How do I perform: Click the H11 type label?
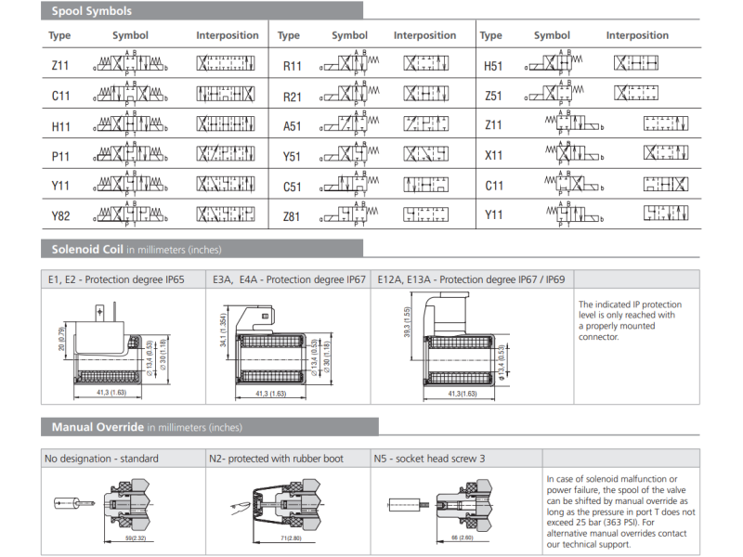pos(60,126)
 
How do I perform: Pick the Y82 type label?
pos(60,216)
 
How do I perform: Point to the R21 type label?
pos(292,97)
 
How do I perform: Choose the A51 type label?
pos(292,126)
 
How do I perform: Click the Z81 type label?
pos(292,216)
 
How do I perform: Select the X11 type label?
pos(493,156)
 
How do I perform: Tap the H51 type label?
pos(493,67)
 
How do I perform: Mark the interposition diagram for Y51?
pos(426,156)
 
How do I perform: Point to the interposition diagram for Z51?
pos(636,95)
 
